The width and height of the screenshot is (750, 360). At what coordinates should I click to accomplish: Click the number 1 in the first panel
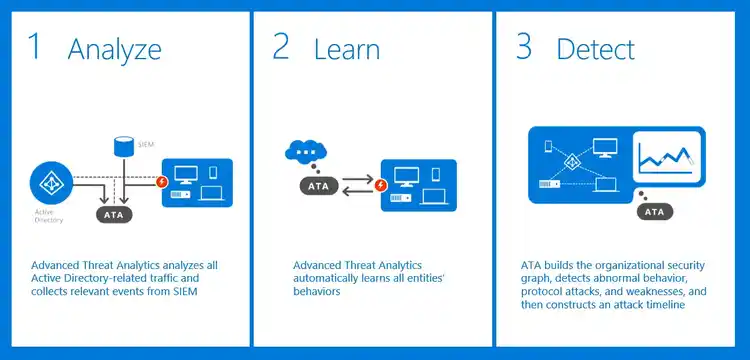pos(35,47)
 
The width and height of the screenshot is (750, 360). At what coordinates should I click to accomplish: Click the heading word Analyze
pos(114,49)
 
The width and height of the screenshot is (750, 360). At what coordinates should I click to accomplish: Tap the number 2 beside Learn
pos(282,47)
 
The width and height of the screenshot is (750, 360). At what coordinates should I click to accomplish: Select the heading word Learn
pos(348,49)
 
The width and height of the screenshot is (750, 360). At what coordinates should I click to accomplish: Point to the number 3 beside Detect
pos(523,47)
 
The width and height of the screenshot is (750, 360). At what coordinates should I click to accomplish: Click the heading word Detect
pos(595,49)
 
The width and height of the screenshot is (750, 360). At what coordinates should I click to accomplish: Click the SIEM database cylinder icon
pos(122,147)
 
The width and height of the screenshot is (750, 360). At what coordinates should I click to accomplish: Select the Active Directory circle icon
pos(49,184)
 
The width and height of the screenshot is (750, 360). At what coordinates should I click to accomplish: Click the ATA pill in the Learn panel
pos(318,186)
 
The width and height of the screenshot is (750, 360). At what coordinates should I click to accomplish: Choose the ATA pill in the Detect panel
pos(654,211)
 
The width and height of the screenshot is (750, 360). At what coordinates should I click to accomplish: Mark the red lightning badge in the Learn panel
pos(381,185)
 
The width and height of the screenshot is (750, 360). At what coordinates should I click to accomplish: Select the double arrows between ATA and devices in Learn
pos(356,186)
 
